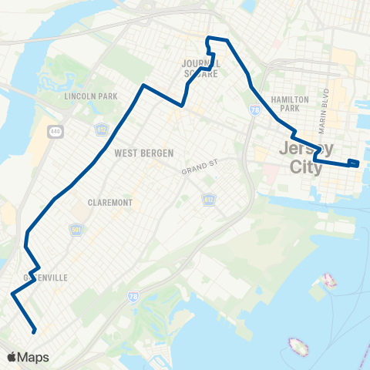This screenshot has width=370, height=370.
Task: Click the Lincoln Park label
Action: tap(86, 97)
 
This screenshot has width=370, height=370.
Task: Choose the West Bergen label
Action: tap(144, 153)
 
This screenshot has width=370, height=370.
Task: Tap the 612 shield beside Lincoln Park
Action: tap(102, 128)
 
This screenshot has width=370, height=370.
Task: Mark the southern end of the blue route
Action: tap(35, 331)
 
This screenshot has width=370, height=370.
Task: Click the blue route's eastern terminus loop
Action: tap(353, 162)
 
